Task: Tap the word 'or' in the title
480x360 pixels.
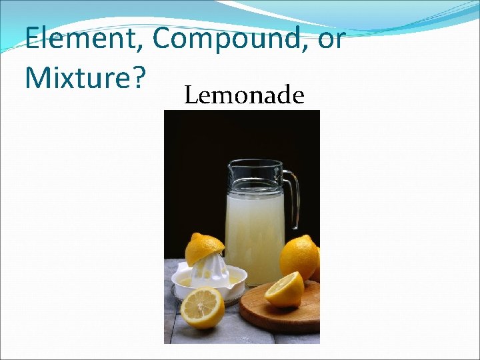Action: [331, 40]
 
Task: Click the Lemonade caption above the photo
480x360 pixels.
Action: [244, 96]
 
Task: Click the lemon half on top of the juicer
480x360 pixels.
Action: [204, 248]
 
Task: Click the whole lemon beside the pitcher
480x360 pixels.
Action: [298, 257]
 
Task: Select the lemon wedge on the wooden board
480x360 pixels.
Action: [285, 291]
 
